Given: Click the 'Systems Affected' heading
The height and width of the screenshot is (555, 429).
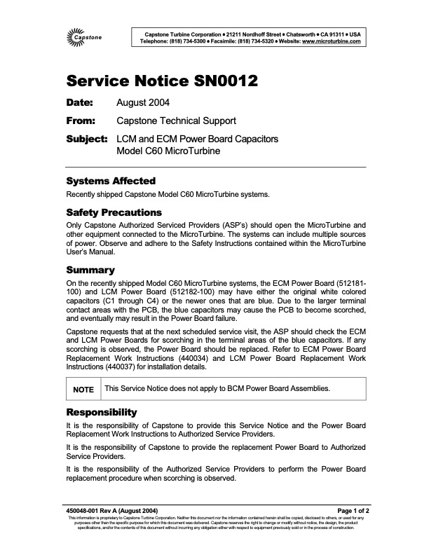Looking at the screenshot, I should coord(110,181).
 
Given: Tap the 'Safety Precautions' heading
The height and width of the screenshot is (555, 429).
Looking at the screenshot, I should coord(114,212).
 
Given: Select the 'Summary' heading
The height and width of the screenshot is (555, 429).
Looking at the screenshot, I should coord(90,269).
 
